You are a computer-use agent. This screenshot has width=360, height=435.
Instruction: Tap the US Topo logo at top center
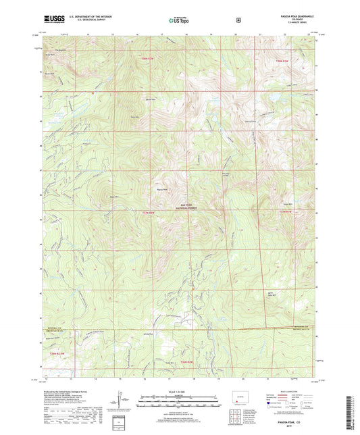coord(179,20)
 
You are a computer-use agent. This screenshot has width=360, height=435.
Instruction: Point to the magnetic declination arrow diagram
coord(122,404)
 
